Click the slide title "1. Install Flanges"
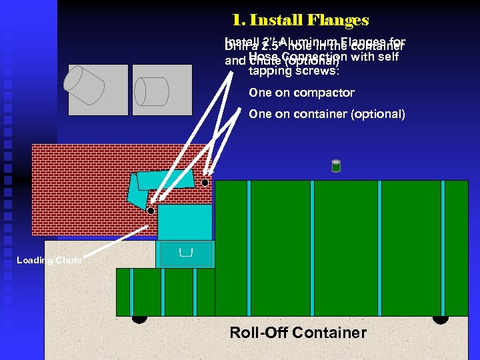click(x=301, y=21)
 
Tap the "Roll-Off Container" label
click(x=298, y=333)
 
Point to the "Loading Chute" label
click(x=49, y=261)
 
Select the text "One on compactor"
click(x=301, y=93)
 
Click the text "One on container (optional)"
click(x=327, y=114)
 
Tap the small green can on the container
click(x=336, y=166)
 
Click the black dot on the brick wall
click(x=205, y=182)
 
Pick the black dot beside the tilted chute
click(x=151, y=211)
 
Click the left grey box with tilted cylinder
click(x=98, y=89)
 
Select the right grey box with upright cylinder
click(x=163, y=89)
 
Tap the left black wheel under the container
click(x=139, y=319)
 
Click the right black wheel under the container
click(x=440, y=319)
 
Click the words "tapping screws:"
click(x=293, y=71)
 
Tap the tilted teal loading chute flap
click(x=139, y=193)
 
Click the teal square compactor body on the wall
click(x=185, y=222)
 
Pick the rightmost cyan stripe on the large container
click(x=443, y=247)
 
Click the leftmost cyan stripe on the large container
click(x=248, y=247)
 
